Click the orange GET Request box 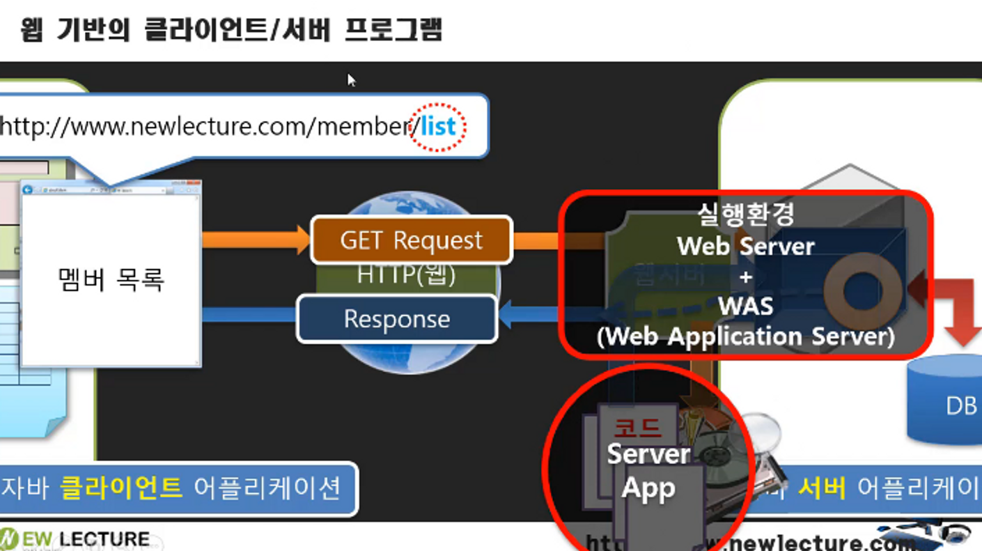click(x=411, y=240)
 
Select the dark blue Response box click(x=397, y=319)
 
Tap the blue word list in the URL click(x=438, y=127)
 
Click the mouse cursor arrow click(x=351, y=79)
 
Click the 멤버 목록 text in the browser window click(x=111, y=279)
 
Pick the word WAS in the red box click(x=746, y=306)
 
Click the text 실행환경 click(x=746, y=214)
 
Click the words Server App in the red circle click(x=648, y=471)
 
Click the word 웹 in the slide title click(x=32, y=31)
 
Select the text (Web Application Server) click(x=746, y=336)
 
